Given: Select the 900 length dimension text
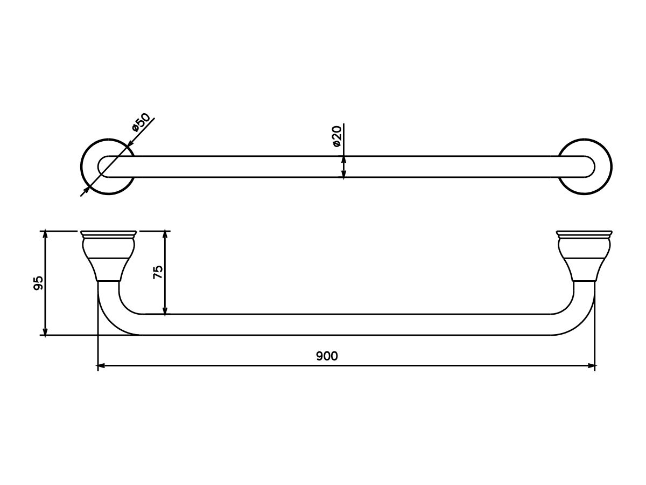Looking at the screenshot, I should coord(327,356).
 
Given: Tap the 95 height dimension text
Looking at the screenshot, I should coord(38,283).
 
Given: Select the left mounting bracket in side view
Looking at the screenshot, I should coord(107,256).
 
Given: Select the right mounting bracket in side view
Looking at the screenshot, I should coord(584,256).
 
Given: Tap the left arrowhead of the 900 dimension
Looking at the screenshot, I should coord(101,366).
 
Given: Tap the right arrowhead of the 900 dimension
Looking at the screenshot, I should coord(591,366).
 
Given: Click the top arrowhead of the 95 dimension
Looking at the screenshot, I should coord(46,235).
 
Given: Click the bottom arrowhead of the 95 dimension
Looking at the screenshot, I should coord(46,331).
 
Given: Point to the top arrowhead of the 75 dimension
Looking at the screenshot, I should coord(165,235).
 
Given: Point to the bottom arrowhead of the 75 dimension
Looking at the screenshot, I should coord(165,310).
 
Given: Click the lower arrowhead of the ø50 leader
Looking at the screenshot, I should coord(86,190).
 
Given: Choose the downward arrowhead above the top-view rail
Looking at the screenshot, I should coord(343,160).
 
